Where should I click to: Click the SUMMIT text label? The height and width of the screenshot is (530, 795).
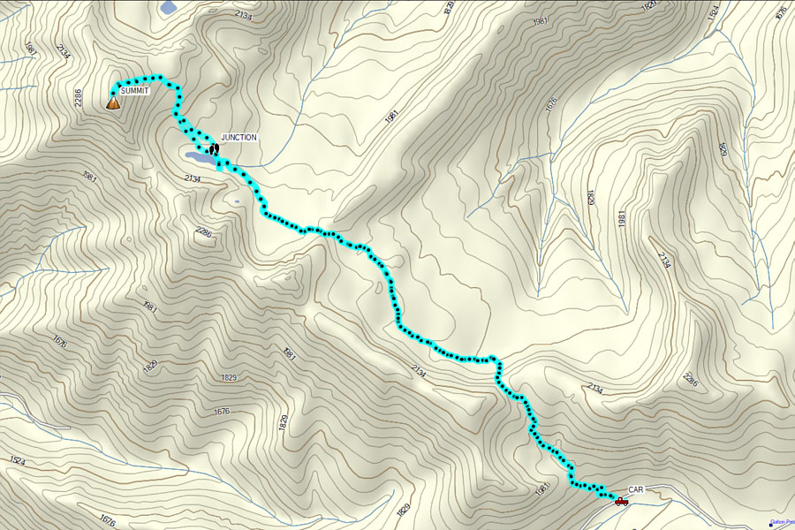coord(135,92)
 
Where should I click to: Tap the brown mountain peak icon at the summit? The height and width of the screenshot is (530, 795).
coord(112,102)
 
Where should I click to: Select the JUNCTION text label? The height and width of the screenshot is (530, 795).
coord(238,138)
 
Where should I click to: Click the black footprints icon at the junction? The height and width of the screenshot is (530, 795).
coord(213,148)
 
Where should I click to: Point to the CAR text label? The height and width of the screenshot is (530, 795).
coord(637,489)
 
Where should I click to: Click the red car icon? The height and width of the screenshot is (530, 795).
coord(621,501)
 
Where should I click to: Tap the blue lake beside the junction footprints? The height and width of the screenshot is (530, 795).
coord(197,156)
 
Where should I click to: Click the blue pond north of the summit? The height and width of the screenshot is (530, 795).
coord(168,7)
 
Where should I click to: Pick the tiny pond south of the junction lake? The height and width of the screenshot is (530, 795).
coord(237,201)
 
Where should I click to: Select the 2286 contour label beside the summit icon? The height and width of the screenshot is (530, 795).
coord(79,98)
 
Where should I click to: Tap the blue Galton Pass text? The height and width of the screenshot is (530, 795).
coord(783,522)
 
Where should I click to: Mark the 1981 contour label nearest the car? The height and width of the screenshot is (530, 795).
coord(542,488)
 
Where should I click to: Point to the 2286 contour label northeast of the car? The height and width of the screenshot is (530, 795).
coord(691,380)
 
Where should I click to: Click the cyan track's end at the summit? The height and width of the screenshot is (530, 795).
coord(113,92)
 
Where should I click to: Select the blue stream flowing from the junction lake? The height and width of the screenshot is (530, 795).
coord(256,163)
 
